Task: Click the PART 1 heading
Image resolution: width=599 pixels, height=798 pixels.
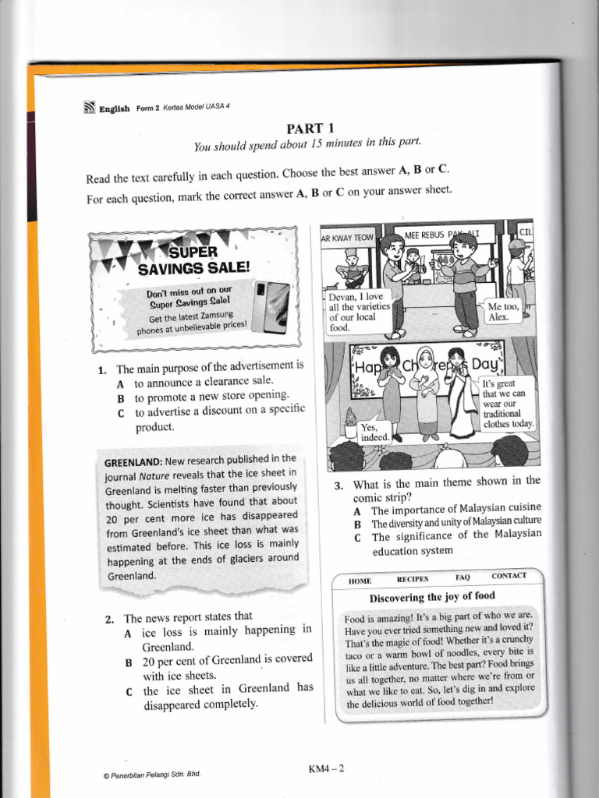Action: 310,129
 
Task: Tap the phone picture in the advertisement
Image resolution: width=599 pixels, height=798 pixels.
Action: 272,306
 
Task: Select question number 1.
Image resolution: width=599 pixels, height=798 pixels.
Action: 102,370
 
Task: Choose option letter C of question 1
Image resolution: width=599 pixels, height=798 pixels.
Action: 121,414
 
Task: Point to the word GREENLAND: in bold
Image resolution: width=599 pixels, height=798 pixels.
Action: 133,463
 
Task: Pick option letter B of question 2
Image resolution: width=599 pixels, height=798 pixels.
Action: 129,664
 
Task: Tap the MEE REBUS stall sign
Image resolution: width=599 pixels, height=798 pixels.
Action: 442,235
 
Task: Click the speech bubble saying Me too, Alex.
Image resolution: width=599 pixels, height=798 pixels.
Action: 503,312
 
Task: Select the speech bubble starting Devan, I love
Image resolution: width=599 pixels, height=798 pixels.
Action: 359,312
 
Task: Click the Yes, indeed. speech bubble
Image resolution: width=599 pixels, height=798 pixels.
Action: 375,432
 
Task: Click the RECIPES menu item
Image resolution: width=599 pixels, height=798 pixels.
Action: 413,579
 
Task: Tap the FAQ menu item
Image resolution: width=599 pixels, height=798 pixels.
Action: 463,577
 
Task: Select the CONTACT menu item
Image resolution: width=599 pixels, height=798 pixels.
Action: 509,576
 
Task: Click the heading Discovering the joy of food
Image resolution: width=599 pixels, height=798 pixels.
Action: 432,597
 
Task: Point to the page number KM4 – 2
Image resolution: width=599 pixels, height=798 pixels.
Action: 327,768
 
